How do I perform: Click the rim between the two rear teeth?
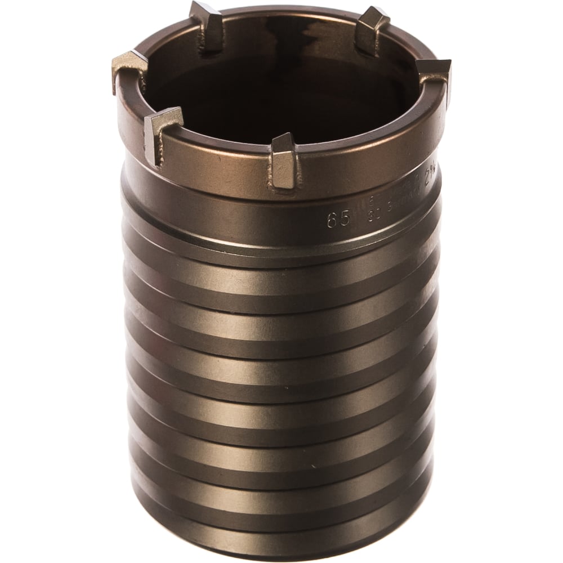click(287, 12)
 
